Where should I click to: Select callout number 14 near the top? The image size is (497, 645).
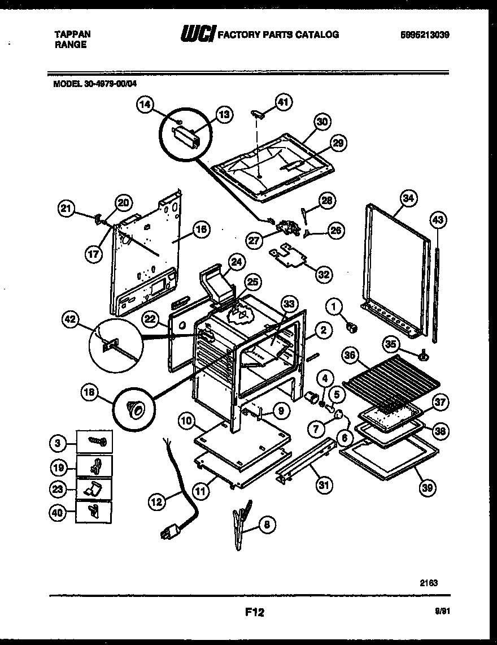point(145,105)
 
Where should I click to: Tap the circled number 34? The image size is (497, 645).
point(408,198)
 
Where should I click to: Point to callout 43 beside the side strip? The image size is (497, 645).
point(438,219)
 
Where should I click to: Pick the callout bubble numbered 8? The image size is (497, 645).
point(266,524)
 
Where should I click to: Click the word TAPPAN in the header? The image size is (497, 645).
point(72,34)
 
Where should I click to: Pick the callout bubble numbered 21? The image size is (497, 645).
point(67,209)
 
